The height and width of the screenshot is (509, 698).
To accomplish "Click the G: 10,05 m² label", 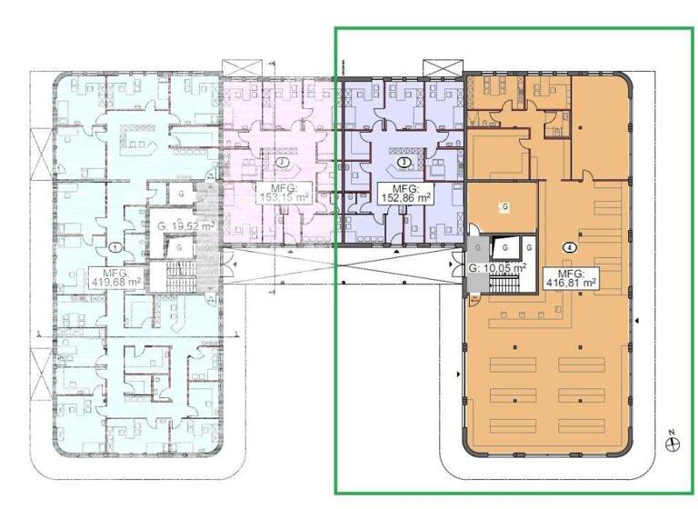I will tap(497, 268).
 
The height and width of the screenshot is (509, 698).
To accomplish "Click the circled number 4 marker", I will tap(569, 246).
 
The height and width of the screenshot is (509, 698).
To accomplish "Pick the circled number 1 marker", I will tap(115, 245).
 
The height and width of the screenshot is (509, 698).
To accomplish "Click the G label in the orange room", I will tap(504, 207).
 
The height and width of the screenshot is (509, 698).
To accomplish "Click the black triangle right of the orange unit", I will tap(639, 320).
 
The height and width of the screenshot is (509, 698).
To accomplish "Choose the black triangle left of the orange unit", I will tap(454, 374).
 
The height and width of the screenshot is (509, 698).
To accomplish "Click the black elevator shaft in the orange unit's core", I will tap(503, 247).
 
